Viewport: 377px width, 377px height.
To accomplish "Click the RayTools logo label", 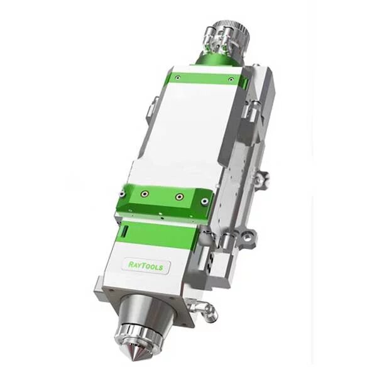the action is point(146,265).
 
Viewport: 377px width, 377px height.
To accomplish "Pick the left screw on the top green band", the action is point(178,77).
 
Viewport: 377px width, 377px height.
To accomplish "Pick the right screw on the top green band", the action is point(231,79).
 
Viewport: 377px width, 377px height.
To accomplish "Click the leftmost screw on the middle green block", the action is point(123,193).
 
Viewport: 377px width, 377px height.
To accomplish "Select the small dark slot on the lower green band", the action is point(125,231).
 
